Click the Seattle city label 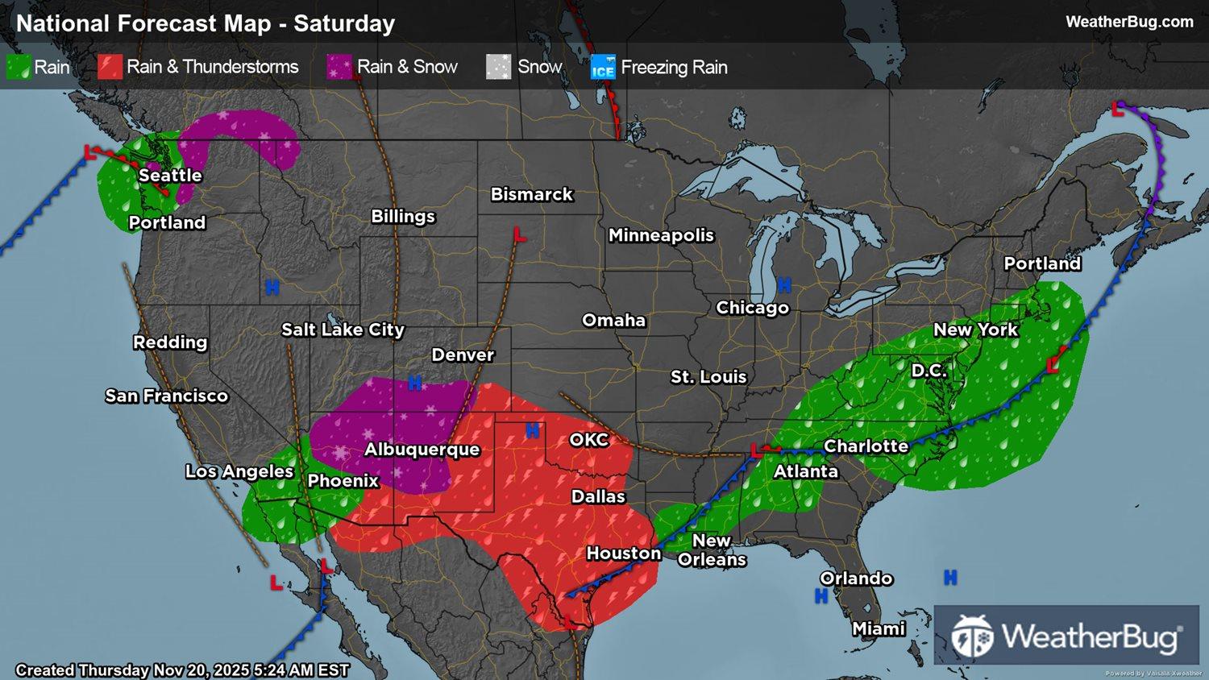pyautogui.click(x=170, y=176)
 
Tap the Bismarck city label pyautogui.click(x=531, y=194)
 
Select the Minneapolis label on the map pyautogui.click(x=661, y=235)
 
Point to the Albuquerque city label pyautogui.click(x=422, y=450)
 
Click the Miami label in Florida pyautogui.click(x=879, y=628)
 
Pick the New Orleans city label pyautogui.click(x=712, y=550)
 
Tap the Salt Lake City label pyautogui.click(x=343, y=330)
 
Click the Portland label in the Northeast pyautogui.click(x=1041, y=263)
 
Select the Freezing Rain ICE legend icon pyautogui.click(x=603, y=68)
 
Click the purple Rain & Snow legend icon pyautogui.click(x=339, y=67)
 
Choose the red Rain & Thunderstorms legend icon pyautogui.click(x=110, y=67)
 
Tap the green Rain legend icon pyautogui.click(x=19, y=67)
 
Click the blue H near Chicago pyautogui.click(x=784, y=284)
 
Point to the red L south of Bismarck pyautogui.click(x=520, y=236)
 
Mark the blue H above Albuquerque pyautogui.click(x=414, y=384)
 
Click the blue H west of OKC pyautogui.click(x=532, y=430)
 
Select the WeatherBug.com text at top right pyautogui.click(x=1128, y=23)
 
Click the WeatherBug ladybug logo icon pyautogui.click(x=972, y=636)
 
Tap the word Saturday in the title pyautogui.click(x=344, y=23)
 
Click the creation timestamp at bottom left pyautogui.click(x=182, y=670)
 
